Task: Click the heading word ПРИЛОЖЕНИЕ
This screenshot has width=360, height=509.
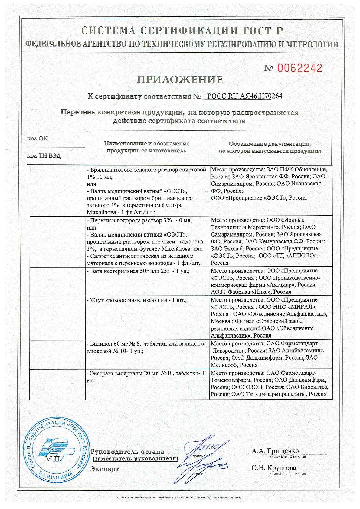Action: point(180,80)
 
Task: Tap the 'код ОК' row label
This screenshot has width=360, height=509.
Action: point(38,139)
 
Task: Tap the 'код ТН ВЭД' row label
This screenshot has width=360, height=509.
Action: point(44,156)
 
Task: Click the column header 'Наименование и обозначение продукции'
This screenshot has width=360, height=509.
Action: point(147,147)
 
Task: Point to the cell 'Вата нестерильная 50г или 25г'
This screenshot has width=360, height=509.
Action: point(138,271)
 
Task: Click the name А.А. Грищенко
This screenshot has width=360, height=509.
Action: point(275,452)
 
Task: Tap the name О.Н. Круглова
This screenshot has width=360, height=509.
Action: point(274,468)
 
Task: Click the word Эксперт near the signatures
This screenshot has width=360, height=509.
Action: point(105,469)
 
